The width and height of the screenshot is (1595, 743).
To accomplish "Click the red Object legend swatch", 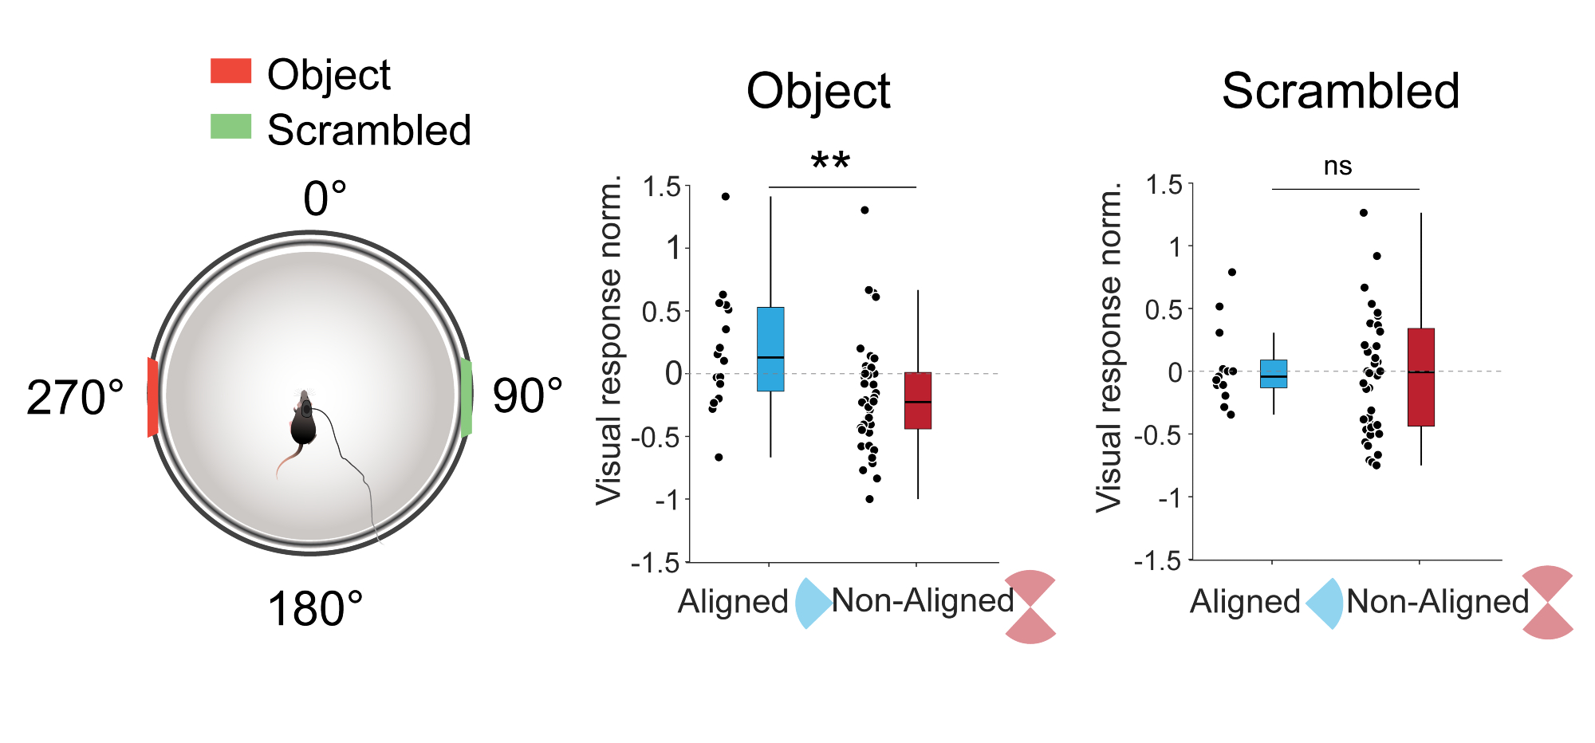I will tap(230, 71).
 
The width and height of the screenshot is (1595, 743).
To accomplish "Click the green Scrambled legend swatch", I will tap(230, 126).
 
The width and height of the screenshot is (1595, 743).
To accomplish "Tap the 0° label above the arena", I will tap(325, 199).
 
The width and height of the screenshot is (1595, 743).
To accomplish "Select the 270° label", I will tap(75, 397).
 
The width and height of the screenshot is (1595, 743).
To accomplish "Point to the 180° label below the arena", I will tap(315, 609).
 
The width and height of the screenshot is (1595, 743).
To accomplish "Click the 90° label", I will tap(527, 395).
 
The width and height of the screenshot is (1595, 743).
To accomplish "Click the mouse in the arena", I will tap(303, 423).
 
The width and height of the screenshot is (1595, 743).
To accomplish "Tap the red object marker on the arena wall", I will tap(152, 397).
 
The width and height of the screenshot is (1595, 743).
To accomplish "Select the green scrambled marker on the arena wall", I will tap(467, 397).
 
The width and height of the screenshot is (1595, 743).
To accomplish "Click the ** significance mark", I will tap(830, 162).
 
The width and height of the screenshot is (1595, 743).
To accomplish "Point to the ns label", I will tap(1337, 167).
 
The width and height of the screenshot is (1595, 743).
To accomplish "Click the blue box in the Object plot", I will tap(770, 349).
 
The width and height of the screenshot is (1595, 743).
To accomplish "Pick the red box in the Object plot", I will tap(918, 400).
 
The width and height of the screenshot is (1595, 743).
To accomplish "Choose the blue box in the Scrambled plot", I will tap(1274, 374).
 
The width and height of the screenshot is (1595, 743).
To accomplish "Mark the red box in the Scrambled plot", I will tap(1421, 377).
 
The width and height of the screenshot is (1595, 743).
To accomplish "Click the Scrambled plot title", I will tap(1341, 91).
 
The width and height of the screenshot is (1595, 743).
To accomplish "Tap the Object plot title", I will tap(818, 91).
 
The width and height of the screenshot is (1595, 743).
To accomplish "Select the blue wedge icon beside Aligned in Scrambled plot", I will tap(1325, 603).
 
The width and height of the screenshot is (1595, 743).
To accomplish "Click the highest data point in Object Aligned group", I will tap(726, 196).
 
